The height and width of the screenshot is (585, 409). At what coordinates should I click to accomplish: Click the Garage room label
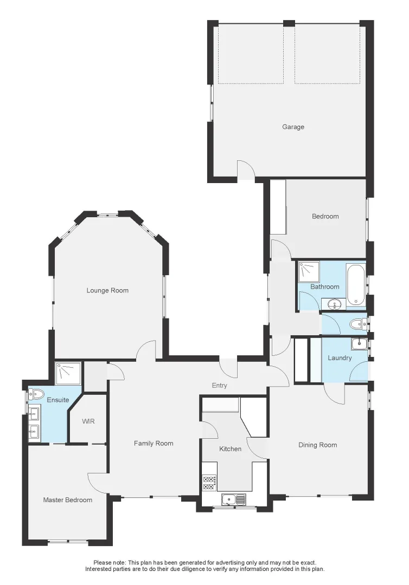tap(293, 127)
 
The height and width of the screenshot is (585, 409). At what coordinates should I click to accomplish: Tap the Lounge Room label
tap(107, 291)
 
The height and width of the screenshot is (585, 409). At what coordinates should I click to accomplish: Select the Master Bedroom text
tap(68, 500)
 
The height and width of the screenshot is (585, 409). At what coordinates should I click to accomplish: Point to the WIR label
tap(88, 421)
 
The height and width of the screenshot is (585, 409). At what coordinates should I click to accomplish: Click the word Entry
tap(220, 386)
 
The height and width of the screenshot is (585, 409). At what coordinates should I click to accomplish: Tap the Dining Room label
tap(317, 445)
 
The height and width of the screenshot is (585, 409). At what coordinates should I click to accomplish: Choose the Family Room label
tap(154, 444)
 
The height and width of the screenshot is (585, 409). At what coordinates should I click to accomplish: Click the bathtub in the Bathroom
tap(357, 284)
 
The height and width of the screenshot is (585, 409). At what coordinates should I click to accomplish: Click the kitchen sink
tap(229, 499)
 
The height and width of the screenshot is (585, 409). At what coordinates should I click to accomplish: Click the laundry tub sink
tap(359, 343)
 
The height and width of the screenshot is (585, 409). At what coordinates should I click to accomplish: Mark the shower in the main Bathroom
tap(308, 270)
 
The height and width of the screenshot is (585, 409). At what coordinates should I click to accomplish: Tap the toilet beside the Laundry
tap(357, 324)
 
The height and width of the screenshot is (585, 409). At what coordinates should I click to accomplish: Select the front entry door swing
tap(230, 368)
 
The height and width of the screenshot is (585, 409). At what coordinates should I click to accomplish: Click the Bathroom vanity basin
tap(334, 304)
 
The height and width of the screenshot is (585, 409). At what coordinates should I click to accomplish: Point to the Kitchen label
tap(230, 449)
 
